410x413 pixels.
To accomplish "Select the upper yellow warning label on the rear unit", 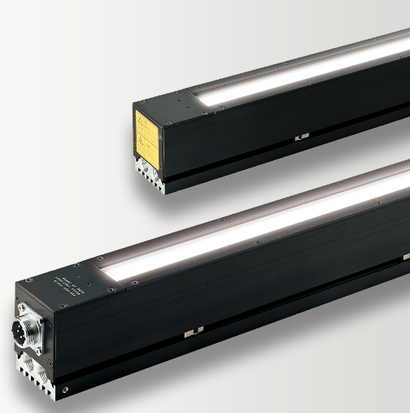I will [151, 122].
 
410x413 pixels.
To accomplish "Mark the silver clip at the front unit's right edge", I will [405, 257].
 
